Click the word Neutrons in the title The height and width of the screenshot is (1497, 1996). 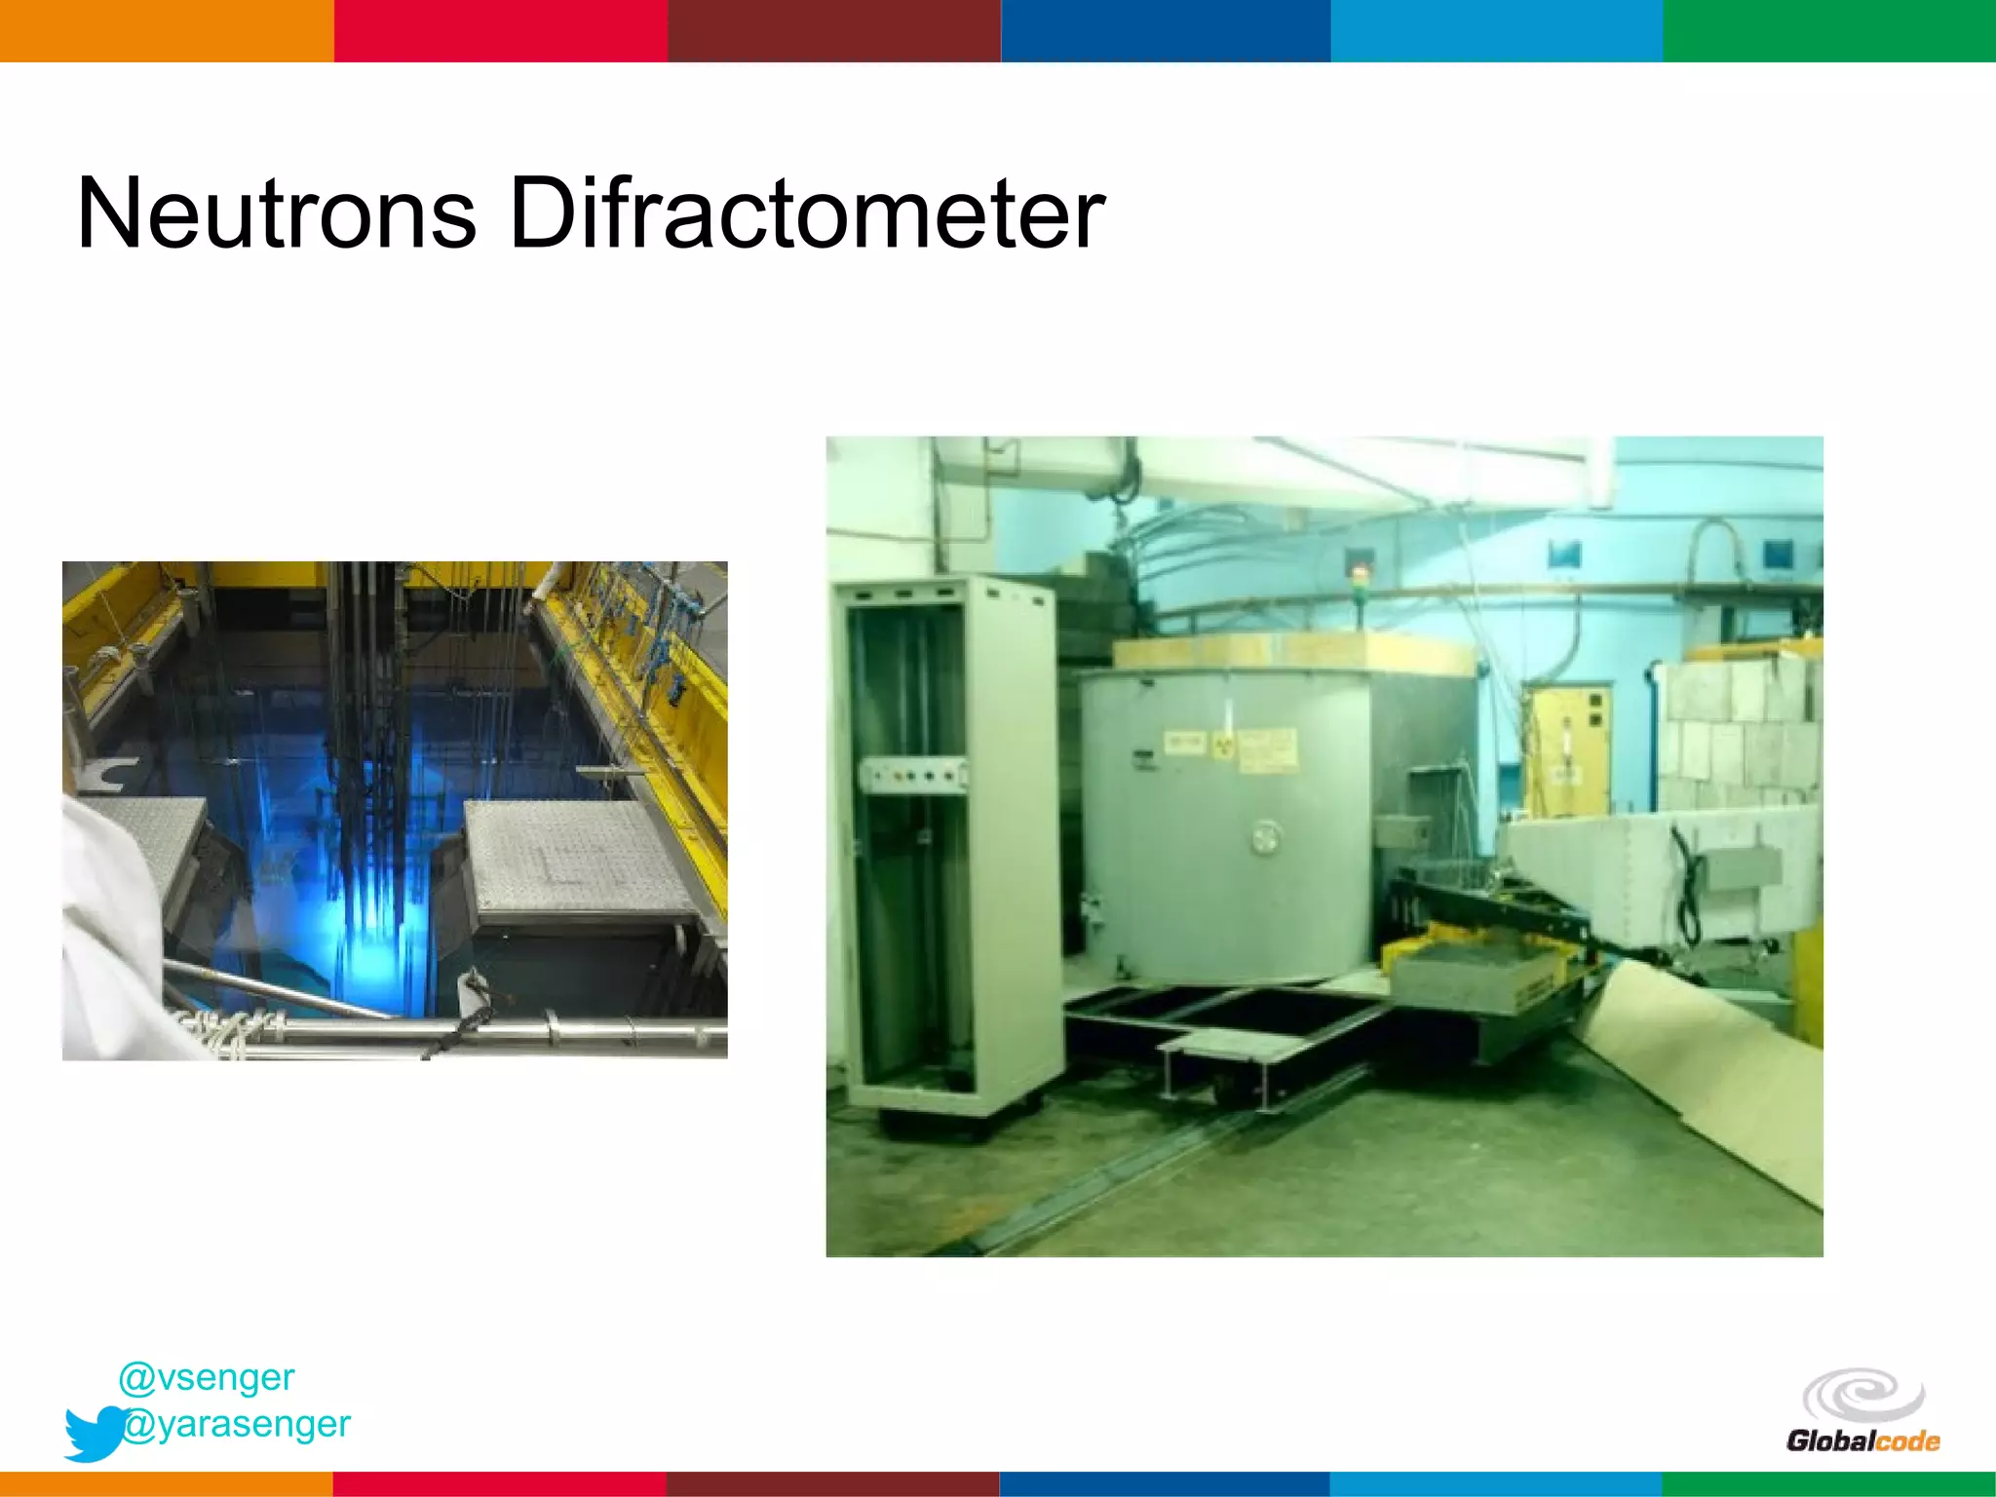tap(277, 212)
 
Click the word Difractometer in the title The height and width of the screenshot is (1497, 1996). tap(806, 212)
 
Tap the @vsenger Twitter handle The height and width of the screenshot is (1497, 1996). tap(207, 1377)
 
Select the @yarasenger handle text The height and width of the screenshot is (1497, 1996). tap(237, 1424)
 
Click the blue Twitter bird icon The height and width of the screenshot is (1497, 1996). tap(94, 1433)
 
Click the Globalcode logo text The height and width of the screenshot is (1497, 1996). tap(1862, 1440)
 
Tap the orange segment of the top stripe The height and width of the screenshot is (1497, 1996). tap(166, 30)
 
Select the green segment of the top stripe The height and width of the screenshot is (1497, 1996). tap(1828, 30)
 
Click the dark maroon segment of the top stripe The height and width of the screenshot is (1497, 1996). tap(833, 30)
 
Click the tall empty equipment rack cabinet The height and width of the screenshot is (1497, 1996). tap(940, 848)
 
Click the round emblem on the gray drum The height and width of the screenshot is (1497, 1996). tap(1265, 836)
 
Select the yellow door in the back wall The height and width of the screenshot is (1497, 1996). tap(1567, 750)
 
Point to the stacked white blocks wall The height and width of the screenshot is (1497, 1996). tap(1740, 731)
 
